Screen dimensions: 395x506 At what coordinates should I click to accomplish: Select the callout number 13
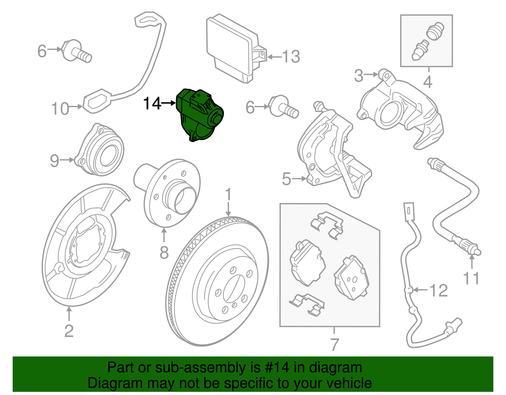click(x=291, y=57)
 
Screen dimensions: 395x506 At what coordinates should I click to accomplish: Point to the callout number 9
click(x=54, y=160)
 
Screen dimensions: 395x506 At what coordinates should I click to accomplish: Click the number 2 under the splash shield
click(x=69, y=331)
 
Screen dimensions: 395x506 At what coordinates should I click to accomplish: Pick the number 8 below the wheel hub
click(x=164, y=253)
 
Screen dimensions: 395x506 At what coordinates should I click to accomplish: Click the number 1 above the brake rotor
click(x=228, y=195)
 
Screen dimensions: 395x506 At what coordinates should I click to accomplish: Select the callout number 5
click(x=287, y=179)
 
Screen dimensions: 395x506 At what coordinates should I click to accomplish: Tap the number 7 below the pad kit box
click(x=334, y=344)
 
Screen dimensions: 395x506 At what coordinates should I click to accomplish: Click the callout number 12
click(x=439, y=290)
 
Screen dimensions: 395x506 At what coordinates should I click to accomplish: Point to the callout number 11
click(x=471, y=279)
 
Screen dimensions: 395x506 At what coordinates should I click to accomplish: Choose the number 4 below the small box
click(x=428, y=82)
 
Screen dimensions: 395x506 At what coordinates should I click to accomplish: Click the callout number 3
click(x=358, y=76)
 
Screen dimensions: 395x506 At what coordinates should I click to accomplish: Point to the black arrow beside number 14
click(x=169, y=103)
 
